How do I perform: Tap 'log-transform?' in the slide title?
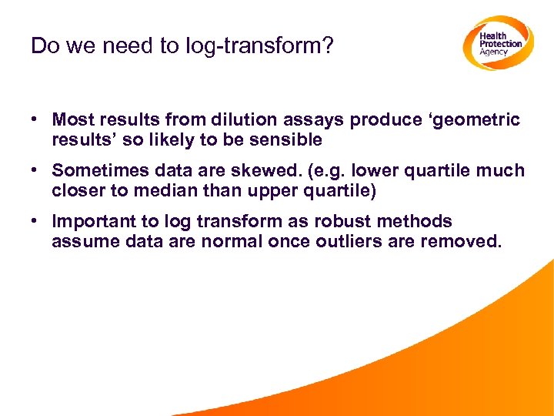click(260, 46)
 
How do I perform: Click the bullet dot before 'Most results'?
click(35, 120)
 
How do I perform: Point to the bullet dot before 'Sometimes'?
click(35, 171)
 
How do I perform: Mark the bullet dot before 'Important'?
click(35, 222)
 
